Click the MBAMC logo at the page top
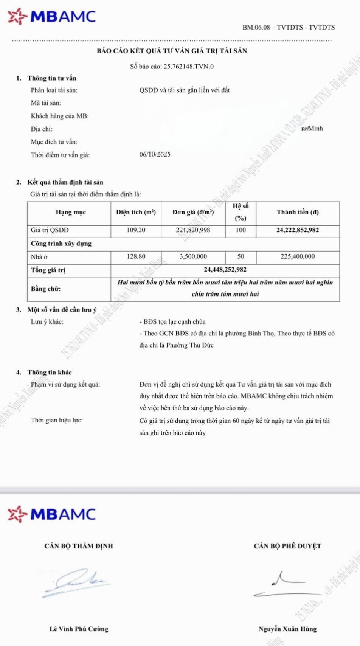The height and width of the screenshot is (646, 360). (x=52, y=17)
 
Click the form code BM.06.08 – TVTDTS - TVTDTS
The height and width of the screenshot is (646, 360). (x=289, y=27)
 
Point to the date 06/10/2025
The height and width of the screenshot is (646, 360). (x=155, y=154)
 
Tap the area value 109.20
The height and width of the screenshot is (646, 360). (x=136, y=230)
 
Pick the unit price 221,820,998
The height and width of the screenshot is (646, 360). (x=193, y=230)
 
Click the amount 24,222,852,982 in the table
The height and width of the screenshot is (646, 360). (x=297, y=230)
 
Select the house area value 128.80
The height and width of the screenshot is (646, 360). (x=136, y=256)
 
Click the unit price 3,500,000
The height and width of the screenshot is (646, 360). (x=193, y=256)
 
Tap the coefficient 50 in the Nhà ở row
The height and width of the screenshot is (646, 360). (x=241, y=256)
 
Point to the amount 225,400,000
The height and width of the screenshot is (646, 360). (x=297, y=256)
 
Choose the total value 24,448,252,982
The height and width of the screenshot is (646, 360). (x=225, y=270)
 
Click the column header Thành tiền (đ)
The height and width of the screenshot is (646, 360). (x=297, y=212)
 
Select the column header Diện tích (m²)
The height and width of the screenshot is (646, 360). (x=136, y=212)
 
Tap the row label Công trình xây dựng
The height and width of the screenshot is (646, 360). (x=61, y=244)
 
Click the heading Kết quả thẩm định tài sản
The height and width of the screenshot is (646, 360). (x=65, y=182)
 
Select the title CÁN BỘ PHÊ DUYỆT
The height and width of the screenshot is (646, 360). (x=287, y=546)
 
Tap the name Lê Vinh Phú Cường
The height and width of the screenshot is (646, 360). (x=79, y=629)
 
